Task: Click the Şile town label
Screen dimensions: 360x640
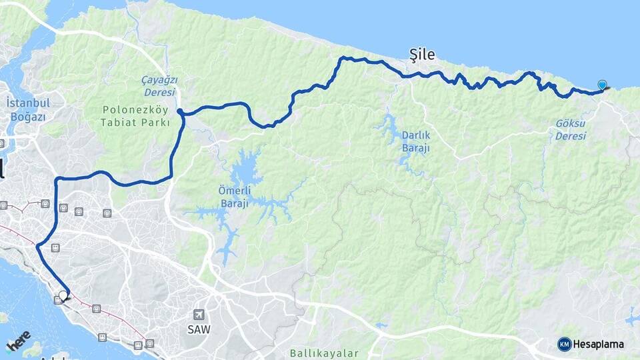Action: [422, 55]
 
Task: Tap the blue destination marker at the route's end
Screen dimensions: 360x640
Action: [603, 85]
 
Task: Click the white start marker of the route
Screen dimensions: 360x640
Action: [63, 295]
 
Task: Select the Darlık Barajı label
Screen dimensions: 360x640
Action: [415, 141]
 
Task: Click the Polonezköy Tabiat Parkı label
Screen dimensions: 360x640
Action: [135, 116]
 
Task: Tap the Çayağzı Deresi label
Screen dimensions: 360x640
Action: [159, 85]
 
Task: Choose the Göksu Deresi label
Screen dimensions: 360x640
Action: [571, 130]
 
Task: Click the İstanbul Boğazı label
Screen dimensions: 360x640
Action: [28, 109]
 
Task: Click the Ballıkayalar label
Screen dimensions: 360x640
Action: [325, 353]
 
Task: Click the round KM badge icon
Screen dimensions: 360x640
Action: [565, 344]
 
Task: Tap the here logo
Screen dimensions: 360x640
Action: [18, 342]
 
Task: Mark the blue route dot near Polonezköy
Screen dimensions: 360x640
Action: [181, 111]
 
